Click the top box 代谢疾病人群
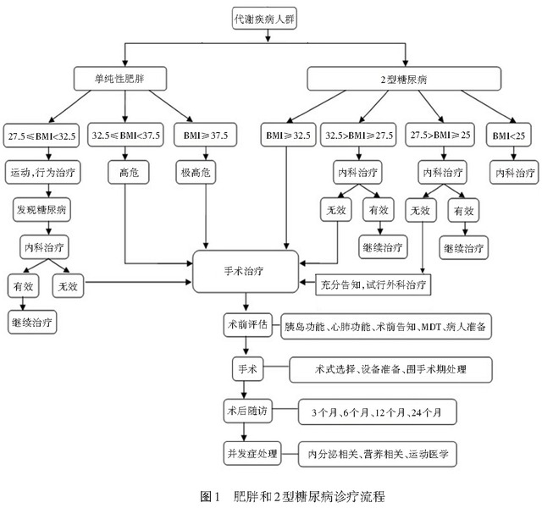[x=264, y=19]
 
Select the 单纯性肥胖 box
[x=120, y=79]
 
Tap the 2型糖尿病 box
[x=404, y=79]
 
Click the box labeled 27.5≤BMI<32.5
[x=41, y=135]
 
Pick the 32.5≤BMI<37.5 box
[x=125, y=135]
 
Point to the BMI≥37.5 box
[x=206, y=135]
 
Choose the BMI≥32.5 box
[x=288, y=135]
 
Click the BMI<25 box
[x=509, y=135]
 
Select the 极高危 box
[x=196, y=172]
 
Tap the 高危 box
[x=129, y=172]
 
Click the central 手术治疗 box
[x=246, y=272]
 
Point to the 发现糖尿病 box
[x=41, y=210]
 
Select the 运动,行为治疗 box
[x=43, y=172]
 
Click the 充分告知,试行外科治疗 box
[x=373, y=284]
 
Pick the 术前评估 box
[x=247, y=325]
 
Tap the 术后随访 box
[x=247, y=411]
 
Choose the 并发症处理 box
[x=252, y=454]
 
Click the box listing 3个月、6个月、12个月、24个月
[x=378, y=412]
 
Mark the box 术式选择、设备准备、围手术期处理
[x=390, y=370]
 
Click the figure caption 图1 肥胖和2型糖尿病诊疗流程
[x=292, y=496]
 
